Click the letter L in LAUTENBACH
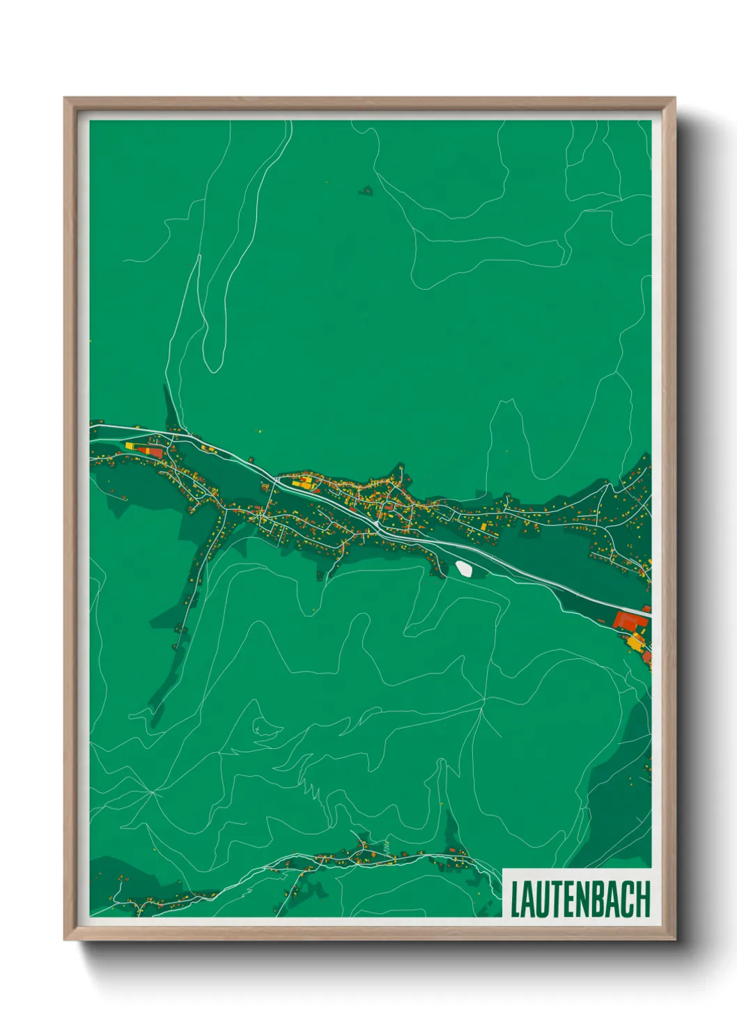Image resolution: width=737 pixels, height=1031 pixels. click(x=516, y=900)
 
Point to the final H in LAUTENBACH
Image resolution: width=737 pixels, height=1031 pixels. click(x=643, y=900)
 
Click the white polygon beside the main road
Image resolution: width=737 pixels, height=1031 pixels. click(x=463, y=568)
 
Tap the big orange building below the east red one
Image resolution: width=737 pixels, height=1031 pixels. click(x=635, y=642)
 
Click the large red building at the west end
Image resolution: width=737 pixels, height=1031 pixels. click(x=150, y=451)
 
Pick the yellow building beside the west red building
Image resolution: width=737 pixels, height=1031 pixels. click(x=129, y=445)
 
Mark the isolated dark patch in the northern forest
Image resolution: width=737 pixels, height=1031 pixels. click(x=366, y=189)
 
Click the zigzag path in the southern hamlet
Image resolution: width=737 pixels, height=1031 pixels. click(x=387, y=848)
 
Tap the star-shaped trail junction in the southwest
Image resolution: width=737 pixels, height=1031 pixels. click(x=152, y=792)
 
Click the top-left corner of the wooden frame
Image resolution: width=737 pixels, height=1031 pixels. click(x=65, y=98)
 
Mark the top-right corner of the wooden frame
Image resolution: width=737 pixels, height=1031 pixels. click(x=674, y=98)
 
